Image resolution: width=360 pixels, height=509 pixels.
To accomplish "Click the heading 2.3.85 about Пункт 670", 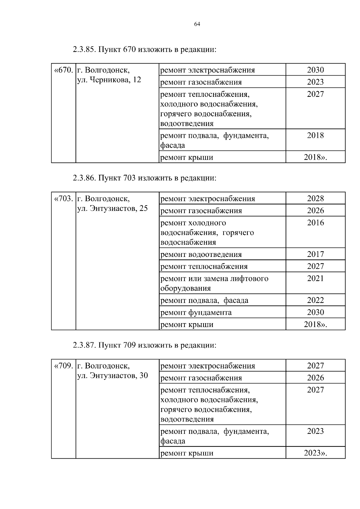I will coord(144,49).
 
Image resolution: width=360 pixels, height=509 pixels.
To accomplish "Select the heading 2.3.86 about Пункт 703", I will coord(144,178).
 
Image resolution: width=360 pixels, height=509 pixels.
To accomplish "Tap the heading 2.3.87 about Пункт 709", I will coord(144,345).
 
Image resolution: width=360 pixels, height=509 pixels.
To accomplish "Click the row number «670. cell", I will coord(64,70).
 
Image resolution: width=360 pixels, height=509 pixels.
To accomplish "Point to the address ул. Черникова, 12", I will coord(109,80).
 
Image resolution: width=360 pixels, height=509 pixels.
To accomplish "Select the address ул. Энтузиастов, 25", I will coord(112,208).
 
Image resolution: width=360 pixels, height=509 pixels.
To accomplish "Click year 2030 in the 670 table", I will coord(315,70).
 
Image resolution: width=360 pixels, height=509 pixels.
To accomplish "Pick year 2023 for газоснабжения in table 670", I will coord(315,82).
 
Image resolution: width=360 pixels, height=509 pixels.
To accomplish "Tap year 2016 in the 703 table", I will coord(315,223).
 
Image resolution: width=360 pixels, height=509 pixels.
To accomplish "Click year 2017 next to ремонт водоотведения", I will coord(315,254).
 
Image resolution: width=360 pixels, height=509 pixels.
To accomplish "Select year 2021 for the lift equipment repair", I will coord(315,278).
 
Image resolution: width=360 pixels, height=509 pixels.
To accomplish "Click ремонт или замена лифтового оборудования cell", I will coord(214,283).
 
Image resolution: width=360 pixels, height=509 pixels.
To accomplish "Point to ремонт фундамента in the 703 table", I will coord(196,312).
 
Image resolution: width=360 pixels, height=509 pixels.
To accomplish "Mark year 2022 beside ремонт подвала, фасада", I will coord(315,300).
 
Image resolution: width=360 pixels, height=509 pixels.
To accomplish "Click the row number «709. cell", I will coord(64,366).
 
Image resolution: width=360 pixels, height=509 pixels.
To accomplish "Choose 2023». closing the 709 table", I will coord(315,453).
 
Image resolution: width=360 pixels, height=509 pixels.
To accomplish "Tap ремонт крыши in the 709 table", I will coord(187,453).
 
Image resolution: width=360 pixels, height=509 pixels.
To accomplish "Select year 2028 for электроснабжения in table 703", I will coord(315,198).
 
